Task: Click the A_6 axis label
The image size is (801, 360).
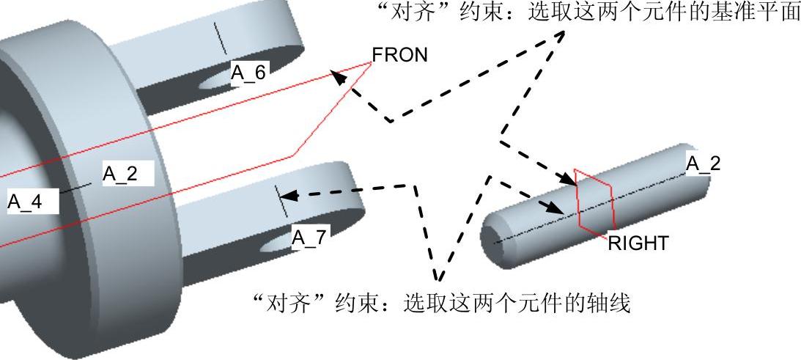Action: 250,71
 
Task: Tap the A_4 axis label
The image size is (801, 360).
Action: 26,202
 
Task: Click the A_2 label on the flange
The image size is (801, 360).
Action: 121,174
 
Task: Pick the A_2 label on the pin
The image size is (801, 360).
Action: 703,164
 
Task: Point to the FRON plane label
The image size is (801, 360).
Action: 399,55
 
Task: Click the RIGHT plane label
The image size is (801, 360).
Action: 638,243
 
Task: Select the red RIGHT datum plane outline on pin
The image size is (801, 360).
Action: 594,200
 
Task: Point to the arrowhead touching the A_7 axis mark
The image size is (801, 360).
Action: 288,196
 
